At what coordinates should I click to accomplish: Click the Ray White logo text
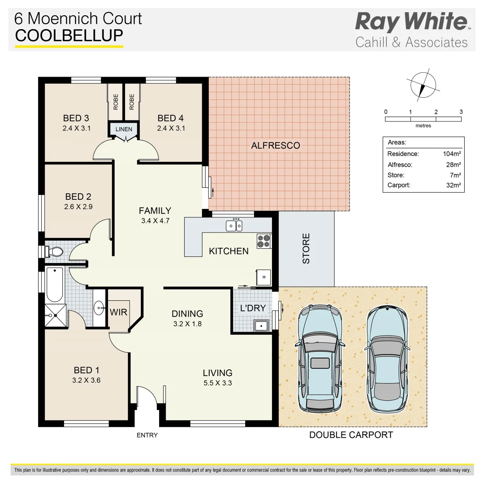pyautogui.click(x=411, y=22)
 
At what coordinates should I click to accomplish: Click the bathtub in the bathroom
pyautogui.click(x=55, y=284)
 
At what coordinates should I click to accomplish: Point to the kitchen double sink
pyautogui.click(x=234, y=225)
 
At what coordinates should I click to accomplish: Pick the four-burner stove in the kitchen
pyautogui.click(x=264, y=241)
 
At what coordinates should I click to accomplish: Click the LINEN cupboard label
pyautogui.click(x=124, y=130)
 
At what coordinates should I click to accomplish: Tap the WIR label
pyautogui.click(x=118, y=312)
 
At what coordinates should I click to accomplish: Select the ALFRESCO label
pyautogui.click(x=275, y=146)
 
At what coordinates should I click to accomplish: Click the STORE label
pyautogui.click(x=306, y=248)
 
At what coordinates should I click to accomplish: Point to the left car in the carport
pyautogui.click(x=319, y=358)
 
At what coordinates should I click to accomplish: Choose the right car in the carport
pyautogui.click(x=388, y=359)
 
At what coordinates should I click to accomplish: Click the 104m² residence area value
pyautogui.click(x=452, y=154)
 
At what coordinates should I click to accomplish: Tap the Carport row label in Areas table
pyautogui.click(x=398, y=185)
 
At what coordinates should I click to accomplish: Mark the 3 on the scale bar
pyautogui.click(x=461, y=112)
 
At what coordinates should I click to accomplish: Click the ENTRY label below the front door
pyautogui.click(x=147, y=435)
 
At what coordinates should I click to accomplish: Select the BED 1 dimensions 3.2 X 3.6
pyautogui.click(x=86, y=380)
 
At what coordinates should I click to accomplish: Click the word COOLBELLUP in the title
pyautogui.click(x=69, y=36)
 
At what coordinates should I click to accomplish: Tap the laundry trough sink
pyautogui.click(x=260, y=325)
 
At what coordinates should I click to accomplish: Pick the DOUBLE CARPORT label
pyautogui.click(x=351, y=435)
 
